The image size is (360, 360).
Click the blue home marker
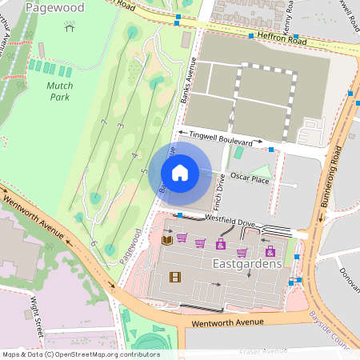coord(180,173)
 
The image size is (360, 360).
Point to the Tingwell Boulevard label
coord(219,138)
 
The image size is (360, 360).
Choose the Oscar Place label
coord(250,178)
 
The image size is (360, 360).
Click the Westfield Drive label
coord(229,218)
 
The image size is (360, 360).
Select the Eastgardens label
coord(247,262)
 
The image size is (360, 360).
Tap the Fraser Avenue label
coord(263,350)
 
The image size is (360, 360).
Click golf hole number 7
coord(104,122)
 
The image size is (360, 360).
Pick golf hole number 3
coord(120,126)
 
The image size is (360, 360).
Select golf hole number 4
coord(135,155)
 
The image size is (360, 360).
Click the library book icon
coord(166,239)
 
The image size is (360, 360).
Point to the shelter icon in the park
coord(70,27)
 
